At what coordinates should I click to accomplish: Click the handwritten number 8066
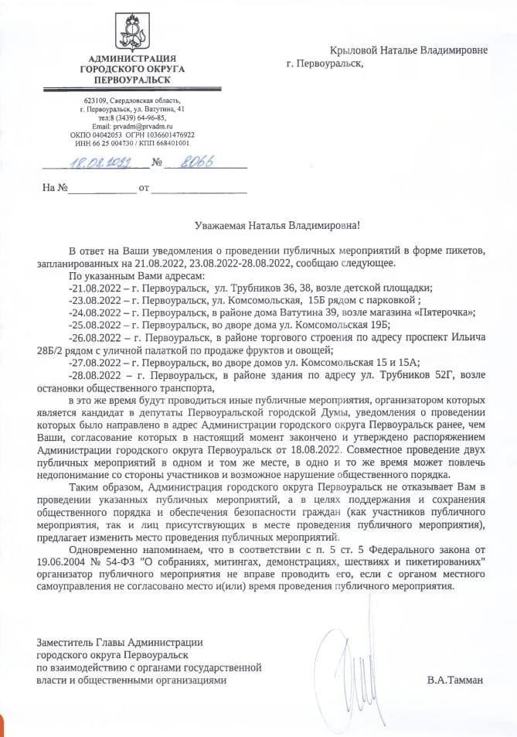(196, 162)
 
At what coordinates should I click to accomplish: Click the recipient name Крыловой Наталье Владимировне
(409, 50)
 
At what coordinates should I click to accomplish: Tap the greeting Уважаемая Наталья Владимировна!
(276, 225)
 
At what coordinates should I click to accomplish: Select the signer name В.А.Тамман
(454, 681)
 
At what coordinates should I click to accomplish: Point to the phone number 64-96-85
(148, 118)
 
